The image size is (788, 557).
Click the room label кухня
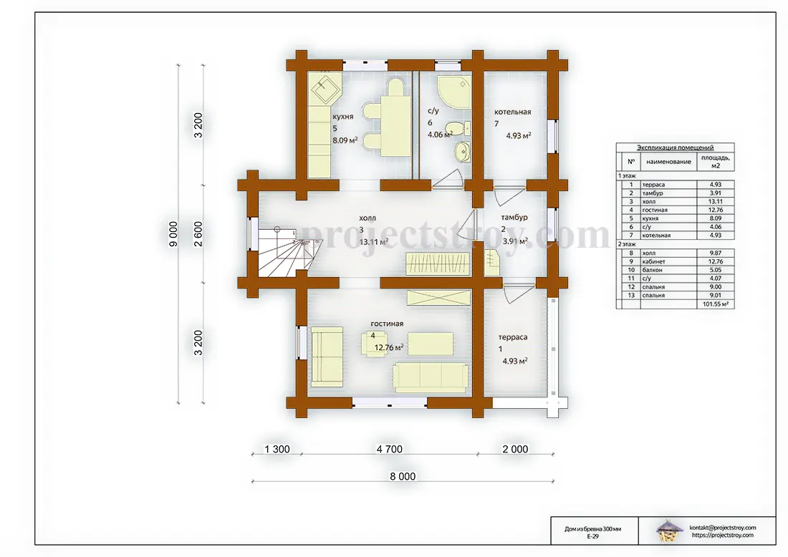[342, 117]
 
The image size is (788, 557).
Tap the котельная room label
[513, 112]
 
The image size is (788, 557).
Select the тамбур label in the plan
[514, 218]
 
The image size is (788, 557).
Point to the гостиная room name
[387, 324]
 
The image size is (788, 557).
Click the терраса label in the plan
[513, 337]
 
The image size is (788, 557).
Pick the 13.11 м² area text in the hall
[373, 241]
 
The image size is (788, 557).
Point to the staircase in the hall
[284, 252]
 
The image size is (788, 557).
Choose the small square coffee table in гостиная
[373, 344]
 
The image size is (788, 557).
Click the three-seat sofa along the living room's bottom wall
[431, 378]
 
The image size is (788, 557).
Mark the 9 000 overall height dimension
[173, 234]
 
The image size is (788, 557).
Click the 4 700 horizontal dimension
[390, 449]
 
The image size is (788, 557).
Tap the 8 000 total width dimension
[403, 476]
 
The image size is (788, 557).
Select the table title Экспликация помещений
[675, 147]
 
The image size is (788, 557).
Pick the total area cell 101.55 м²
[715, 304]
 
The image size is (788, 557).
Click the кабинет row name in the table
[653, 261]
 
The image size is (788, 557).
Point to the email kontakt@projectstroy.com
[723, 528]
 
